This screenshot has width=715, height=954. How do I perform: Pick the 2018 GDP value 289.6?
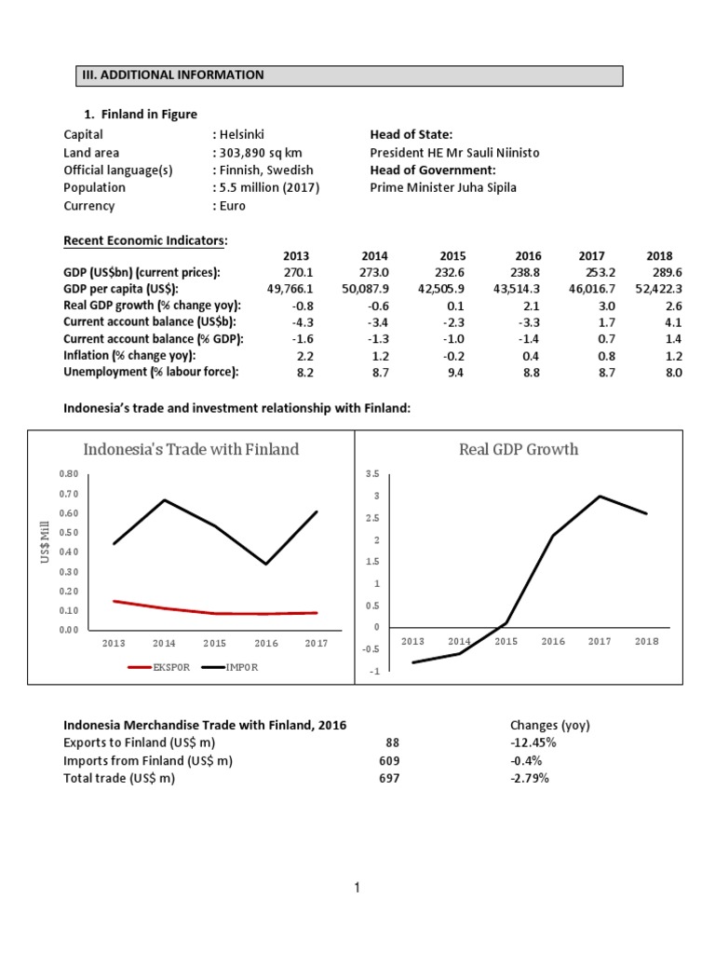[665, 272]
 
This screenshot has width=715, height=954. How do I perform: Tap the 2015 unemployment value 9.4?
[455, 372]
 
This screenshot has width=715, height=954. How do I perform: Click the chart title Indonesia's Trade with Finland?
[191, 449]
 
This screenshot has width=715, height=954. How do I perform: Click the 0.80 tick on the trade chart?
[68, 474]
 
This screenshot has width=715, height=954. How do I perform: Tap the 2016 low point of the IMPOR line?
[266, 564]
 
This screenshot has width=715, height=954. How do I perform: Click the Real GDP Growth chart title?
[519, 449]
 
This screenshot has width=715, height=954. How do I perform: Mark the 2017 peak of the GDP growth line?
[600, 496]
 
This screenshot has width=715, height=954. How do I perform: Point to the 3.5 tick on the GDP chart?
[372, 474]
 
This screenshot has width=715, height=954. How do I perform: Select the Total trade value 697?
[389, 778]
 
